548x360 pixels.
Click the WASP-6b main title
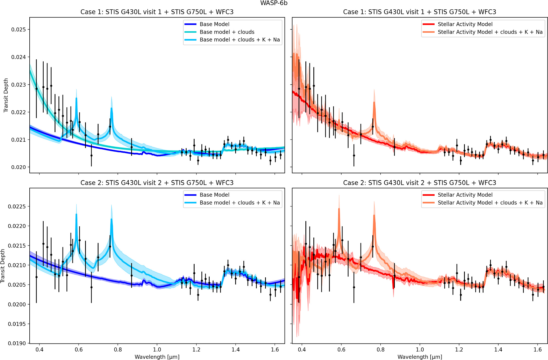(274, 3)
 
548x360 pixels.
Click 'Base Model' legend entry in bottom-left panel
(214, 195)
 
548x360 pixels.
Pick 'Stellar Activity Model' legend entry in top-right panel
(465, 24)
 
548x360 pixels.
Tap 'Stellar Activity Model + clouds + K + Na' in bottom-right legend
(490, 203)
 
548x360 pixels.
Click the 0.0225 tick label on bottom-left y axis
(17, 206)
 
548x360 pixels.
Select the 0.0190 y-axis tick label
(17, 343)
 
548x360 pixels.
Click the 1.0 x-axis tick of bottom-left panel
(157, 349)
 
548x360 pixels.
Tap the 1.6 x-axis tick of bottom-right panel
(538, 349)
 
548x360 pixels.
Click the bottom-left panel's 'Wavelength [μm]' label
(157, 357)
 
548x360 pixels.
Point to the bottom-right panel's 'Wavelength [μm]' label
(420, 357)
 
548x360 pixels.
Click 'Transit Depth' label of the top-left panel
(6, 95)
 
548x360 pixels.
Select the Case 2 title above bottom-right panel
(420, 183)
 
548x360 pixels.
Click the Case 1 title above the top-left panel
(157, 12)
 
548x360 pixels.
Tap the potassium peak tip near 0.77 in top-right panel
(374, 102)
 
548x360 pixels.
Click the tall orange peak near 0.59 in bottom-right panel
(339, 209)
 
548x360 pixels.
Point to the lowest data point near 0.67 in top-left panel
(91, 155)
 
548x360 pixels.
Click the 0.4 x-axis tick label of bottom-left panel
(40, 349)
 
